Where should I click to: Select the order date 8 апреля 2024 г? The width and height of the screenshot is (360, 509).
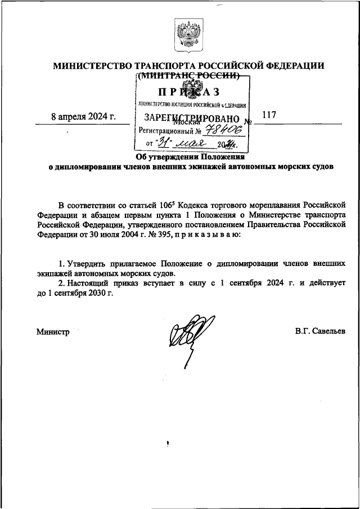[x=82, y=116]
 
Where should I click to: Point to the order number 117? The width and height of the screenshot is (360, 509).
[x=269, y=115]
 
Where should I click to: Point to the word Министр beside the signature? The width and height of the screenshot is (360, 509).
[x=53, y=332]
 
